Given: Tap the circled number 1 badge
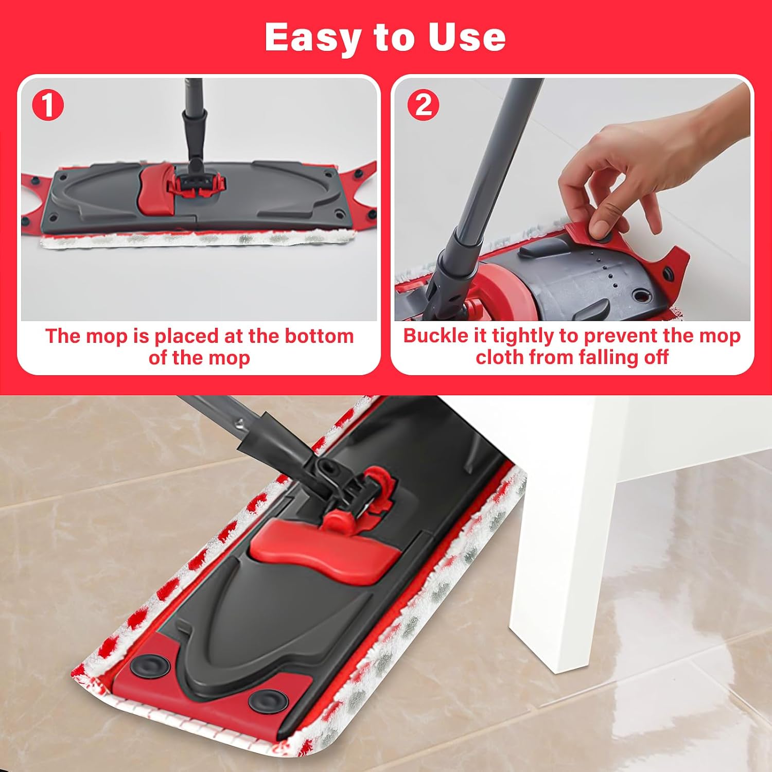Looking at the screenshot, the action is [47, 105].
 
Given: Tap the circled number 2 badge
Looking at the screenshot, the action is [423, 105].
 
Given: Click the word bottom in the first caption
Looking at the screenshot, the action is [319, 336].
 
